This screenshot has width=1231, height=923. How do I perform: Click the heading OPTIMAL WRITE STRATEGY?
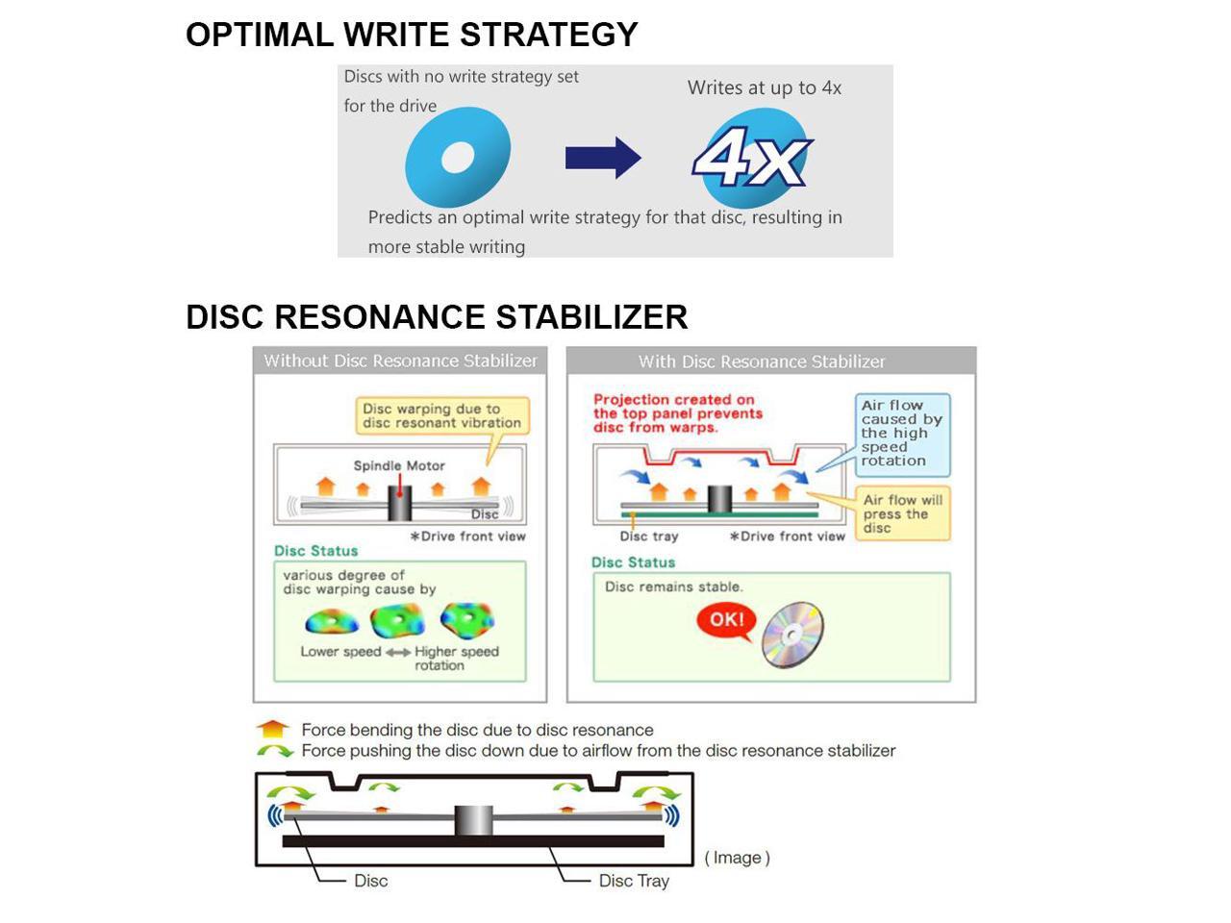coord(412,35)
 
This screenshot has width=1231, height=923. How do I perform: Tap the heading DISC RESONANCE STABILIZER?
coord(437,317)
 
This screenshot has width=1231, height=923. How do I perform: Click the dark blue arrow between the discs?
coord(602,158)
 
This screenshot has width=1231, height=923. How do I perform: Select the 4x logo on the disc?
coord(752,158)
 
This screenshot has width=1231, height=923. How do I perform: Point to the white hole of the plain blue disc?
coord(458,157)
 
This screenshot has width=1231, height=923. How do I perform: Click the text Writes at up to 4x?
coord(764,87)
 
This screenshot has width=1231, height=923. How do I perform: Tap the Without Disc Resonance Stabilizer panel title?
coord(400,361)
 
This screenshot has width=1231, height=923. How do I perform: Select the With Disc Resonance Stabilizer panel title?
coord(762,362)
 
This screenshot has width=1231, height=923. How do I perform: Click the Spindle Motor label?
coord(398,465)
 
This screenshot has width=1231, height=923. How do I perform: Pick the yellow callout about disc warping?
coord(442,415)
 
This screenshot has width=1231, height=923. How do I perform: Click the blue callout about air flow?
coord(902,434)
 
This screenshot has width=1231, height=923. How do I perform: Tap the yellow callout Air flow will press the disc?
coord(902,513)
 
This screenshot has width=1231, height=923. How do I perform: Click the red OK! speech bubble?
coord(726,620)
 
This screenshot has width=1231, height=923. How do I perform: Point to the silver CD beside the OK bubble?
coord(793,635)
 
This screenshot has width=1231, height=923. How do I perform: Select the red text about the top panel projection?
coord(677,413)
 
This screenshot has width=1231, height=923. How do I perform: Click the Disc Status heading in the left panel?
coord(315,551)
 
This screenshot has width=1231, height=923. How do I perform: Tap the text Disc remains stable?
coord(673,586)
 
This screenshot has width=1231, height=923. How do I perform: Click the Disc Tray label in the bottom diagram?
coord(633,881)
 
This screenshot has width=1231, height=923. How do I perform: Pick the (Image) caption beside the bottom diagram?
coord(737,858)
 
